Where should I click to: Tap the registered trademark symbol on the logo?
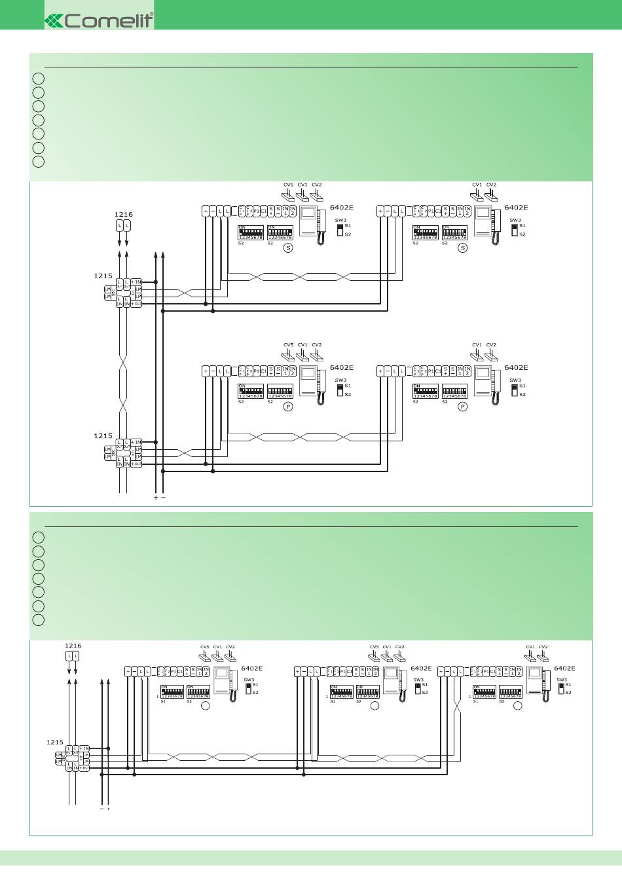click(152, 14)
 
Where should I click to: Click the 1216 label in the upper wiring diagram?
click(123, 214)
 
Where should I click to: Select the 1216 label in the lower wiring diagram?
click(73, 646)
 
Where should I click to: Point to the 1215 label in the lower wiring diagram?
click(55, 742)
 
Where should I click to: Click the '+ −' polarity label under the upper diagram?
click(159, 498)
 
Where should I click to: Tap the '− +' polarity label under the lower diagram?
click(105, 809)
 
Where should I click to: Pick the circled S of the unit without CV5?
click(462, 247)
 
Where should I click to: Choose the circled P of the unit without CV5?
click(462, 407)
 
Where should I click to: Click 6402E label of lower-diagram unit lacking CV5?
click(564, 669)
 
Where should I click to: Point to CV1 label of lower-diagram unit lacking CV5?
click(530, 647)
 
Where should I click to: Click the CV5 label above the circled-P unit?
click(288, 345)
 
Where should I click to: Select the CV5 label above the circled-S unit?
click(288, 185)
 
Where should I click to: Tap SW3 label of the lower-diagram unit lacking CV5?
click(562, 680)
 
